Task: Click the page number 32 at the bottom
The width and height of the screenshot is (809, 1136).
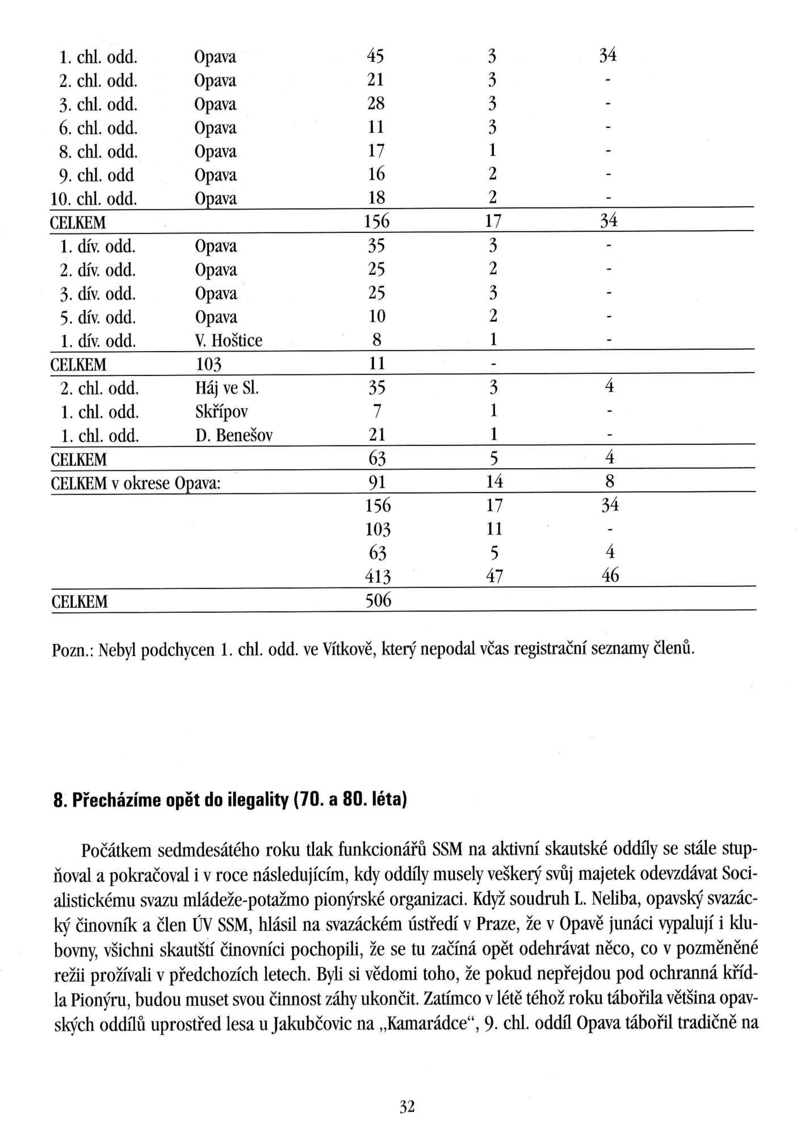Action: click(407, 1106)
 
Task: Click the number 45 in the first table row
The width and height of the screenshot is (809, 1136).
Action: click(375, 56)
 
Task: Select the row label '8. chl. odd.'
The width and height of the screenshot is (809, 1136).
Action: click(99, 152)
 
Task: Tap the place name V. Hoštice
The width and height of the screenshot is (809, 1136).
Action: click(228, 341)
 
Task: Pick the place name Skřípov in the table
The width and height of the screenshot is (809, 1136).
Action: click(221, 412)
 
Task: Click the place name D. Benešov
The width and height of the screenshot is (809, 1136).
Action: click(233, 436)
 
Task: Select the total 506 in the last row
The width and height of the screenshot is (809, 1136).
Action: click(378, 600)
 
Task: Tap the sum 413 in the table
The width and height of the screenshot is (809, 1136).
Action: click(378, 577)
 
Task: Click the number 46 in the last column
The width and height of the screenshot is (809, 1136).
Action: click(609, 577)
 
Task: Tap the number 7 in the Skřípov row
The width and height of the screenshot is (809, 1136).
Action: click(377, 412)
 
